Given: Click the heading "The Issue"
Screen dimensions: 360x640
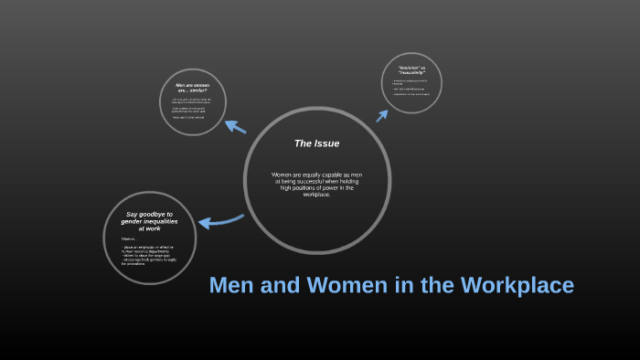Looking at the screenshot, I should pyautogui.click(x=316, y=143).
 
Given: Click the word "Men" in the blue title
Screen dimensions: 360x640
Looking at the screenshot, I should pyautogui.click(x=230, y=286).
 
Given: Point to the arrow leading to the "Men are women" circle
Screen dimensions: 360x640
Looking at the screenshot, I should pyautogui.click(x=235, y=127).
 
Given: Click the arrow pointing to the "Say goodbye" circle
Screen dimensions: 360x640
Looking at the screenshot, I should pyautogui.click(x=219, y=221).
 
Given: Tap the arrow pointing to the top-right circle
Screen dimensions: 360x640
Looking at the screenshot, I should pyautogui.click(x=382, y=114).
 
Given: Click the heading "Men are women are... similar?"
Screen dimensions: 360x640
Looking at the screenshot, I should pyautogui.click(x=193, y=89).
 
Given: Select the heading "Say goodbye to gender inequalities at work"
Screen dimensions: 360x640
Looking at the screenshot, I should pyautogui.click(x=150, y=221).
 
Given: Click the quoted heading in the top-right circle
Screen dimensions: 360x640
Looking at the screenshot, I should pyautogui.click(x=411, y=70).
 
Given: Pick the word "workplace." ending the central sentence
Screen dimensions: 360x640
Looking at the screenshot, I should pyautogui.click(x=316, y=194).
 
